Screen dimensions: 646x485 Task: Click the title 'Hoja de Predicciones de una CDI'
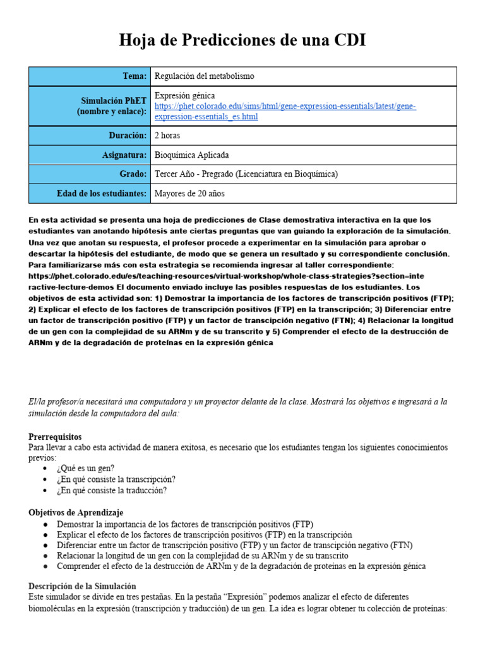(x=242, y=40)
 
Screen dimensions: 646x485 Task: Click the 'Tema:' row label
(x=135, y=76)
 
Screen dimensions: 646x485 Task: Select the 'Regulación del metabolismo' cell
(x=205, y=76)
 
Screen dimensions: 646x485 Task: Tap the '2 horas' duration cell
(x=167, y=135)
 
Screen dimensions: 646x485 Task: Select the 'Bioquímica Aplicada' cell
(x=192, y=155)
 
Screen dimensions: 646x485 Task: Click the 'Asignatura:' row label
(x=124, y=155)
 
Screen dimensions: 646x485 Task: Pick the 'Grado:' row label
(x=133, y=174)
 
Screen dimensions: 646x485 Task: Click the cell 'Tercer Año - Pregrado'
(x=246, y=174)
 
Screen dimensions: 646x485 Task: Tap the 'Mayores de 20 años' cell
(x=189, y=194)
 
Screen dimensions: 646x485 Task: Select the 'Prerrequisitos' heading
(x=55, y=437)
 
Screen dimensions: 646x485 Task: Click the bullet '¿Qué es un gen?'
(x=85, y=468)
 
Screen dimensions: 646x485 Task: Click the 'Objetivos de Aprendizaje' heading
(x=76, y=512)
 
